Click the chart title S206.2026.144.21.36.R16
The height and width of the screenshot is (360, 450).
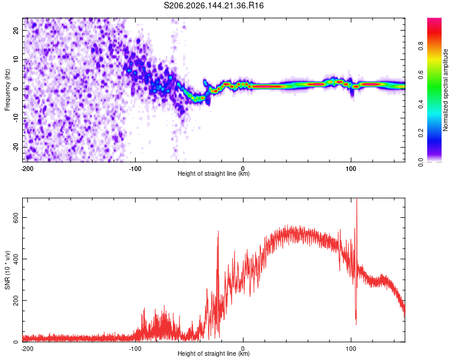[x=214, y=5]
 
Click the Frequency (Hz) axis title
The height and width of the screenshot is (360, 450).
[x=7, y=90]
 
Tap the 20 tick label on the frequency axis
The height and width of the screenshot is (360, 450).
[x=16, y=31]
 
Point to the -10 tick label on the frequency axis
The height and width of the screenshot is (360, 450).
[x=16, y=118]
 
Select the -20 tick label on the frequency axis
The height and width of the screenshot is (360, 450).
[x=16, y=147]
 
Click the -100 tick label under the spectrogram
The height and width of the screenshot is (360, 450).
[x=135, y=169]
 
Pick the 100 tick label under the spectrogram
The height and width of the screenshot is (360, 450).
[x=351, y=169]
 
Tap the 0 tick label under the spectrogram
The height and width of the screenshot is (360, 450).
[x=243, y=169]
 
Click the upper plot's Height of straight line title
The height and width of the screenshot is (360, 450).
[x=214, y=173]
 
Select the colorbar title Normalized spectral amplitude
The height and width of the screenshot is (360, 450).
[x=445, y=90]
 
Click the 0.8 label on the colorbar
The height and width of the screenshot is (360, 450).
[x=421, y=46]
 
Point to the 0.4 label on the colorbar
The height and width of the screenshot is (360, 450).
[x=421, y=104]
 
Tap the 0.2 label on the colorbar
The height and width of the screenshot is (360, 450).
[x=421, y=133]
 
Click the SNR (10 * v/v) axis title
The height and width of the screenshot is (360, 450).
[x=7, y=270]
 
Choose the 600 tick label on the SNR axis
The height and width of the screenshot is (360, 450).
[x=16, y=218]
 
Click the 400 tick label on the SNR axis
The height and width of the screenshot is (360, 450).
[x=16, y=259]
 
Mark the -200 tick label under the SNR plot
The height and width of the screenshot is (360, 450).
[x=27, y=349]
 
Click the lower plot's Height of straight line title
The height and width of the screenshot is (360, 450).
[x=214, y=353]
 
